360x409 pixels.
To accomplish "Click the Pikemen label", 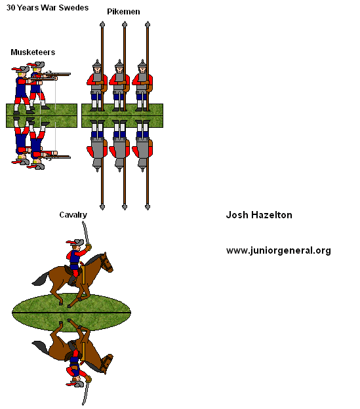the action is tap(123, 12).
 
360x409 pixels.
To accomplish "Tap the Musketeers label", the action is tap(33, 52).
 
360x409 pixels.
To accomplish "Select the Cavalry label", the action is tap(73, 215).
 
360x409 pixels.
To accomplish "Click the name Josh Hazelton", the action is tap(259, 215).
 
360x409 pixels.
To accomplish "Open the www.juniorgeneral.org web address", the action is tap(279, 250).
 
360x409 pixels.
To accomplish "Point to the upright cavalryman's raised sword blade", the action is tap(85, 233).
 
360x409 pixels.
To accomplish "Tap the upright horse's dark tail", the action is tap(40, 279).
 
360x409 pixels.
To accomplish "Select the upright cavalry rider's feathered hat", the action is tap(75, 242).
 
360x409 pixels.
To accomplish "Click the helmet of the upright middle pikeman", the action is tap(119, 64).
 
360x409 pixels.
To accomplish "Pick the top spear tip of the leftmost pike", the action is tap(102, 24).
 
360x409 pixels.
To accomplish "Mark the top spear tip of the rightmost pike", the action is tap(148, 24).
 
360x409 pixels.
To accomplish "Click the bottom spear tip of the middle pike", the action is tap(125, 207).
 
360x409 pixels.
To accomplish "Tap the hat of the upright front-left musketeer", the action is tap(20, 69).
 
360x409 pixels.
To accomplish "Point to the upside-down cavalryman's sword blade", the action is tap(85, 393).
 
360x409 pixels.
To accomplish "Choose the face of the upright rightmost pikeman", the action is tap(142, 70).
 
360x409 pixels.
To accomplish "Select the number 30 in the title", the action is tap(10, 8).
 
